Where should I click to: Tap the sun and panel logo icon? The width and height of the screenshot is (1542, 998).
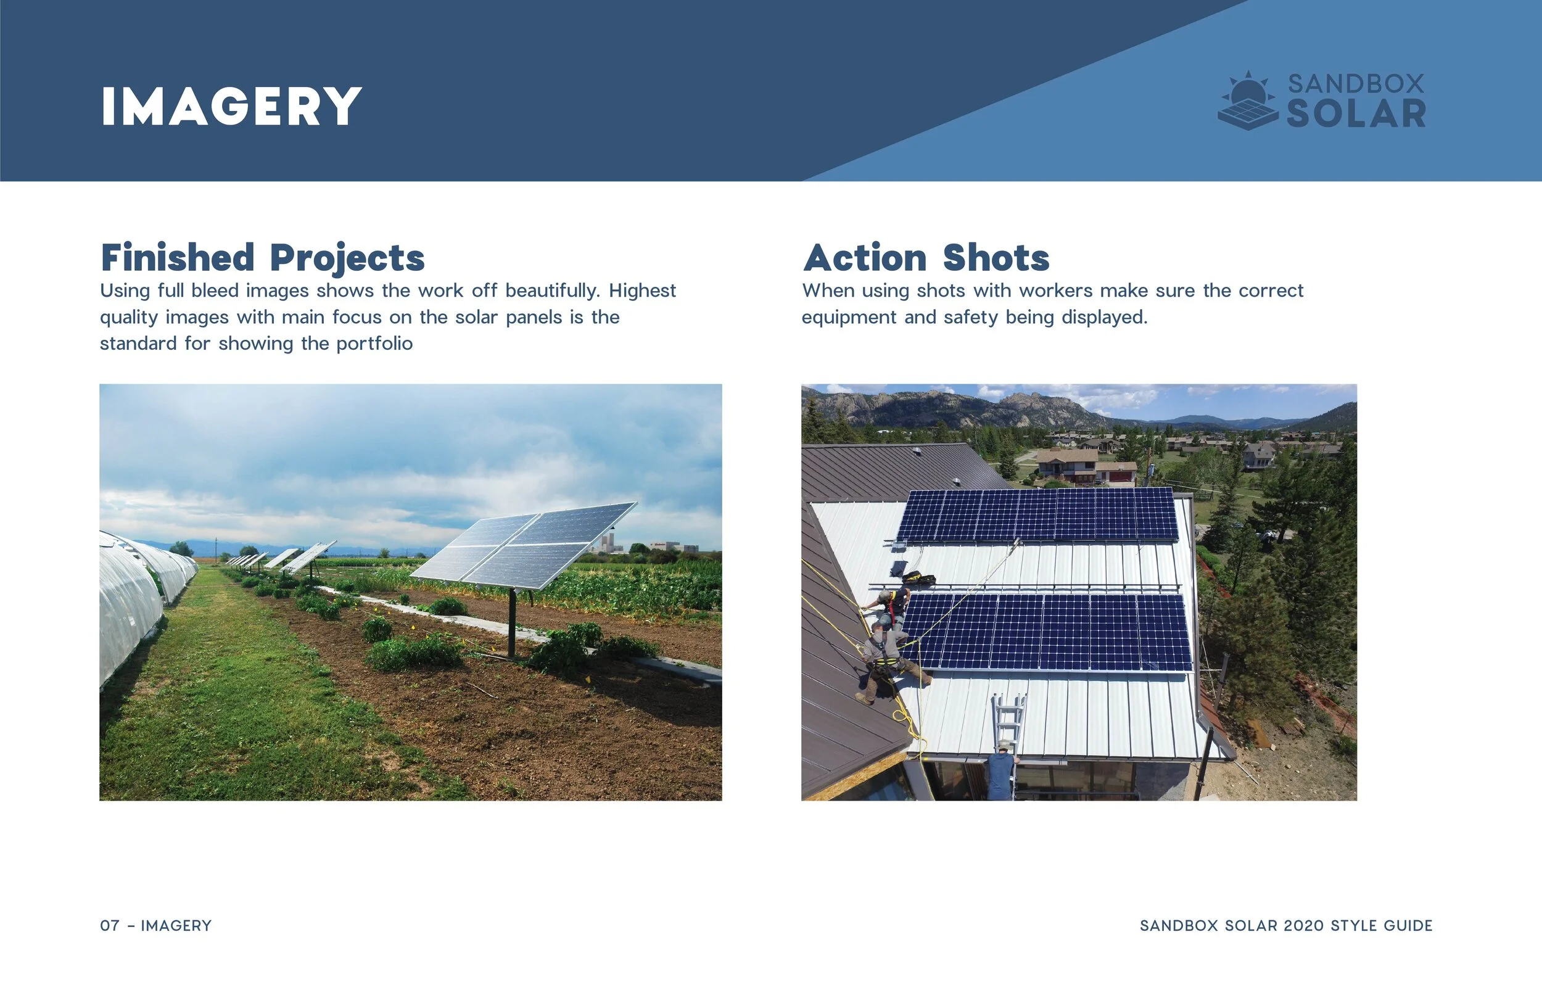(x=1248, y=102)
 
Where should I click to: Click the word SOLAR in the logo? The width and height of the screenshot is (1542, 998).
(x=1356, y=114)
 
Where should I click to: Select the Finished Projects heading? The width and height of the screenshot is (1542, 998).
(x=262, y=257)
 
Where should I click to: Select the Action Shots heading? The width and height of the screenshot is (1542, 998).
(x=926, y=257)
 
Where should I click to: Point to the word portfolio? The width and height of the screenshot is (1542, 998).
(x=374, y=344)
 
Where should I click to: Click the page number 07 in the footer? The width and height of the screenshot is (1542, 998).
(x=110, y=925)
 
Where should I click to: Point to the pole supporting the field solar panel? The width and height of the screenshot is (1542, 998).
(x=512, y=622)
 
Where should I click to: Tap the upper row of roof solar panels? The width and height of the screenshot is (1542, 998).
(x=1037, y=515)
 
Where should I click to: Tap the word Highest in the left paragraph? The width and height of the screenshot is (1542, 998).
(x=642, y=291)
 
